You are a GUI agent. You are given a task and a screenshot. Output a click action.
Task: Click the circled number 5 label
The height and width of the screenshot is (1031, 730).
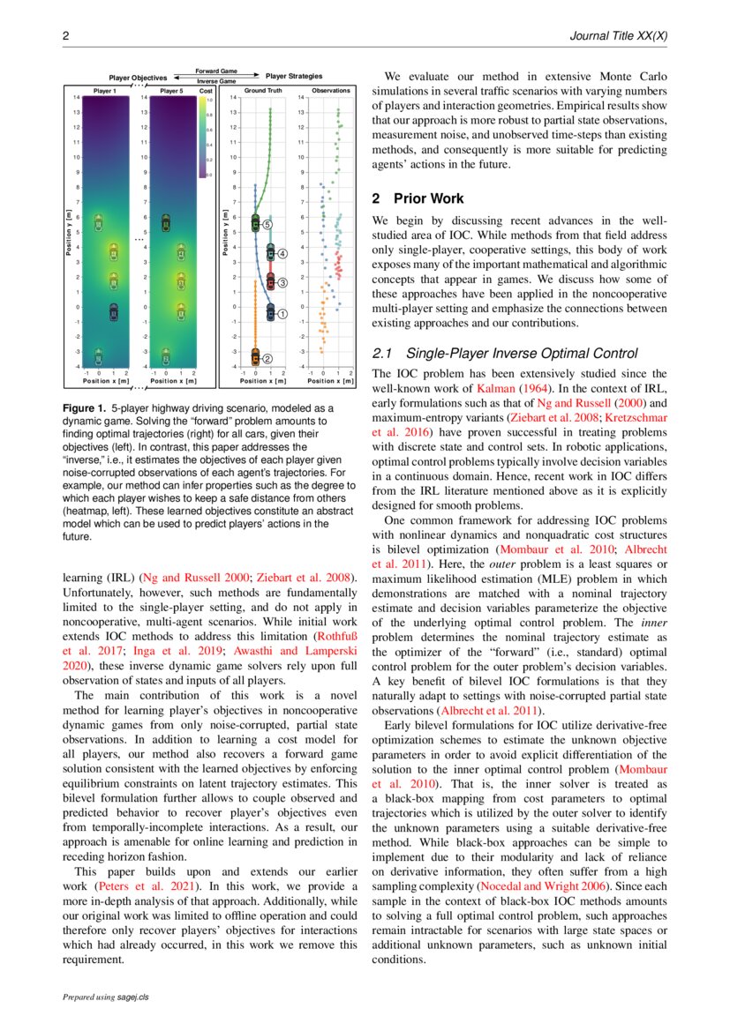[x=267, y=226]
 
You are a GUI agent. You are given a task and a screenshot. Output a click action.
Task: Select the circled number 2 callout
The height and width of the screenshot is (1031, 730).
[x=267, y=358]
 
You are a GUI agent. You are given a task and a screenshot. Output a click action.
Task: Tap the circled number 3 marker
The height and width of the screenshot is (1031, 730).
[x=283, y=283]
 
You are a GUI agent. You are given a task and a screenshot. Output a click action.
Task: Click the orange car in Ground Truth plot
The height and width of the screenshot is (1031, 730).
[x=256, y=357]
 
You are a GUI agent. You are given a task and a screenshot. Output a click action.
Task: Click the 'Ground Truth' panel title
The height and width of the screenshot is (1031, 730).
[x=263, y=91]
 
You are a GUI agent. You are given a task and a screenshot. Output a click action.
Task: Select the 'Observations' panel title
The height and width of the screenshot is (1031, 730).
[x=331, y=91]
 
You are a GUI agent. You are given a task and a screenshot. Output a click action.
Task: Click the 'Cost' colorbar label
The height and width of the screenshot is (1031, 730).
[x=206, y=91]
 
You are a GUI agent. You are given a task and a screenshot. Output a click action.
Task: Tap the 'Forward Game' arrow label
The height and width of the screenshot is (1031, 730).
[x=215, y=71]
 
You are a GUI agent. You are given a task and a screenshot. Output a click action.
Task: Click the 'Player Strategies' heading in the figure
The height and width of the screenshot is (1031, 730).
[x=294, y=77]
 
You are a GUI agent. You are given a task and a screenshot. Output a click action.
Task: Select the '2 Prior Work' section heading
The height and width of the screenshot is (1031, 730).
[x=418, y=199]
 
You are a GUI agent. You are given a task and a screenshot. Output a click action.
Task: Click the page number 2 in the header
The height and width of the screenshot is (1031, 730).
[x=65, y=36]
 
